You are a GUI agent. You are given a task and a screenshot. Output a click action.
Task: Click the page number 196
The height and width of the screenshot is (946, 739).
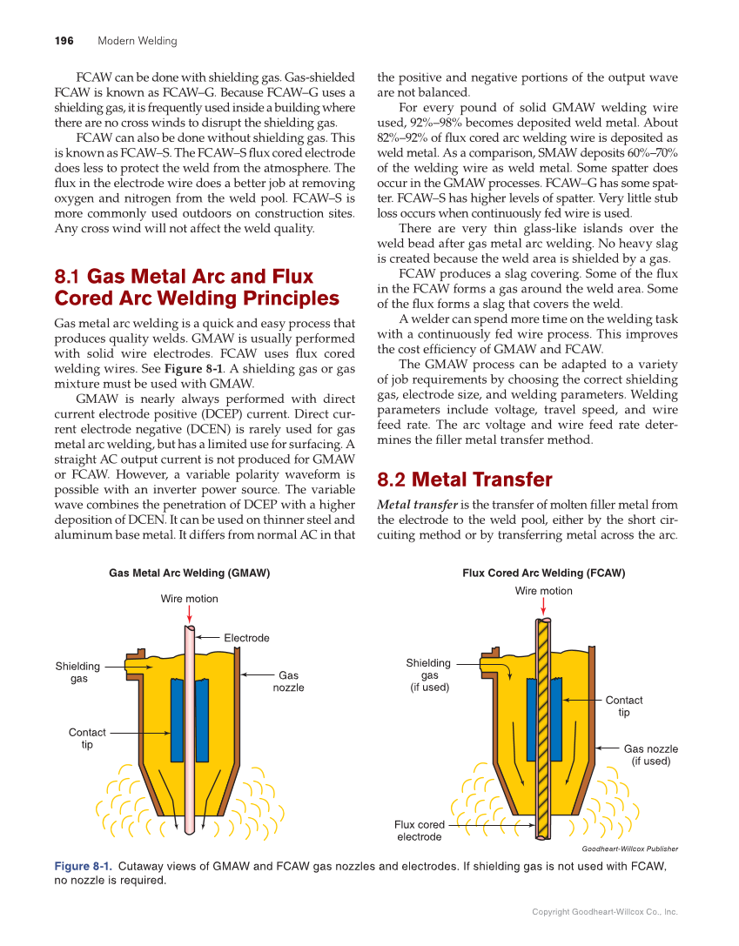click(x=64, y=41)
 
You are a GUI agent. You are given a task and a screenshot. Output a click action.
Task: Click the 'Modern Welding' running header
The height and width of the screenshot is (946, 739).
click(x=137, y=41)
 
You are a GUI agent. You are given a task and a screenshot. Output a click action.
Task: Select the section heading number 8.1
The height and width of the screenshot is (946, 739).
click(x=68, y=278)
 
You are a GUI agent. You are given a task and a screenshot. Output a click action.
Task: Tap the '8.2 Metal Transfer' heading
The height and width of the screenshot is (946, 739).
click(x=464, y=480)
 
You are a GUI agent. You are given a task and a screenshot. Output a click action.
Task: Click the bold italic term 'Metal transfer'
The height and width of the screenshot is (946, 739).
click(x=417, y=505)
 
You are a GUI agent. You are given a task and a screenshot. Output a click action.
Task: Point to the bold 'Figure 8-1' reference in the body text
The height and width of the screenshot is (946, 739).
click(x=191, y=368)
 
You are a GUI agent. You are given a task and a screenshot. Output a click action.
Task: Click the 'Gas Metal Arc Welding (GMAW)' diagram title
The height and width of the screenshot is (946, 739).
click(x=189, y=574)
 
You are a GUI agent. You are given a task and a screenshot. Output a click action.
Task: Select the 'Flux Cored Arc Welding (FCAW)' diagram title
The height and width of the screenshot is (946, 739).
click(x=543, y=574)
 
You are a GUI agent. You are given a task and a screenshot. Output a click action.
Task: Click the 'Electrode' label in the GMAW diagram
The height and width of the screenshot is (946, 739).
click(x=246, y=638)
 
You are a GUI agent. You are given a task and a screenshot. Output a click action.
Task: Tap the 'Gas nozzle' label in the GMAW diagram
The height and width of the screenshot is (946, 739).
click(x=288, y=681)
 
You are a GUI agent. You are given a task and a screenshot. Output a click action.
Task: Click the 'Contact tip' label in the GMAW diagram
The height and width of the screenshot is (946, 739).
click(x=87, y=738)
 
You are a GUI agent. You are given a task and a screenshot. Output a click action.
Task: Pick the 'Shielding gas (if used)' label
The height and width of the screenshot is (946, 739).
click(x=428, y=674)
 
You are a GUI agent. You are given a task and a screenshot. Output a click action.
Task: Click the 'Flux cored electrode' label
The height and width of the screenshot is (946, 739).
click(x=420, y=830)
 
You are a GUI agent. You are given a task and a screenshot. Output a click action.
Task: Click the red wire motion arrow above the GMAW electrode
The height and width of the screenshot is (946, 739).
click(x=189, y=614)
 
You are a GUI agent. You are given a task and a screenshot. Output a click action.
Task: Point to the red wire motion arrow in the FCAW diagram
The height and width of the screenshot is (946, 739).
click(x=543, y=607)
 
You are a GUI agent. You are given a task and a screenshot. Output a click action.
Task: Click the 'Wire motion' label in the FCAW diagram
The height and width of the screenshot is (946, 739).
click(x=543, y=591)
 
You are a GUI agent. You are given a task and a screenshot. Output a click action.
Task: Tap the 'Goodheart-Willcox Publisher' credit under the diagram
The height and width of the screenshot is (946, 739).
click(x=629, y=849)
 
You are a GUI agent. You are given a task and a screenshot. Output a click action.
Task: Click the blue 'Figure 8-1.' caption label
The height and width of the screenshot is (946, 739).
click(x=83, y=867)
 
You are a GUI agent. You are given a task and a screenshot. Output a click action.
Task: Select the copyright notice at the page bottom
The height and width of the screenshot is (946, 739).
click(x=604, y=912)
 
